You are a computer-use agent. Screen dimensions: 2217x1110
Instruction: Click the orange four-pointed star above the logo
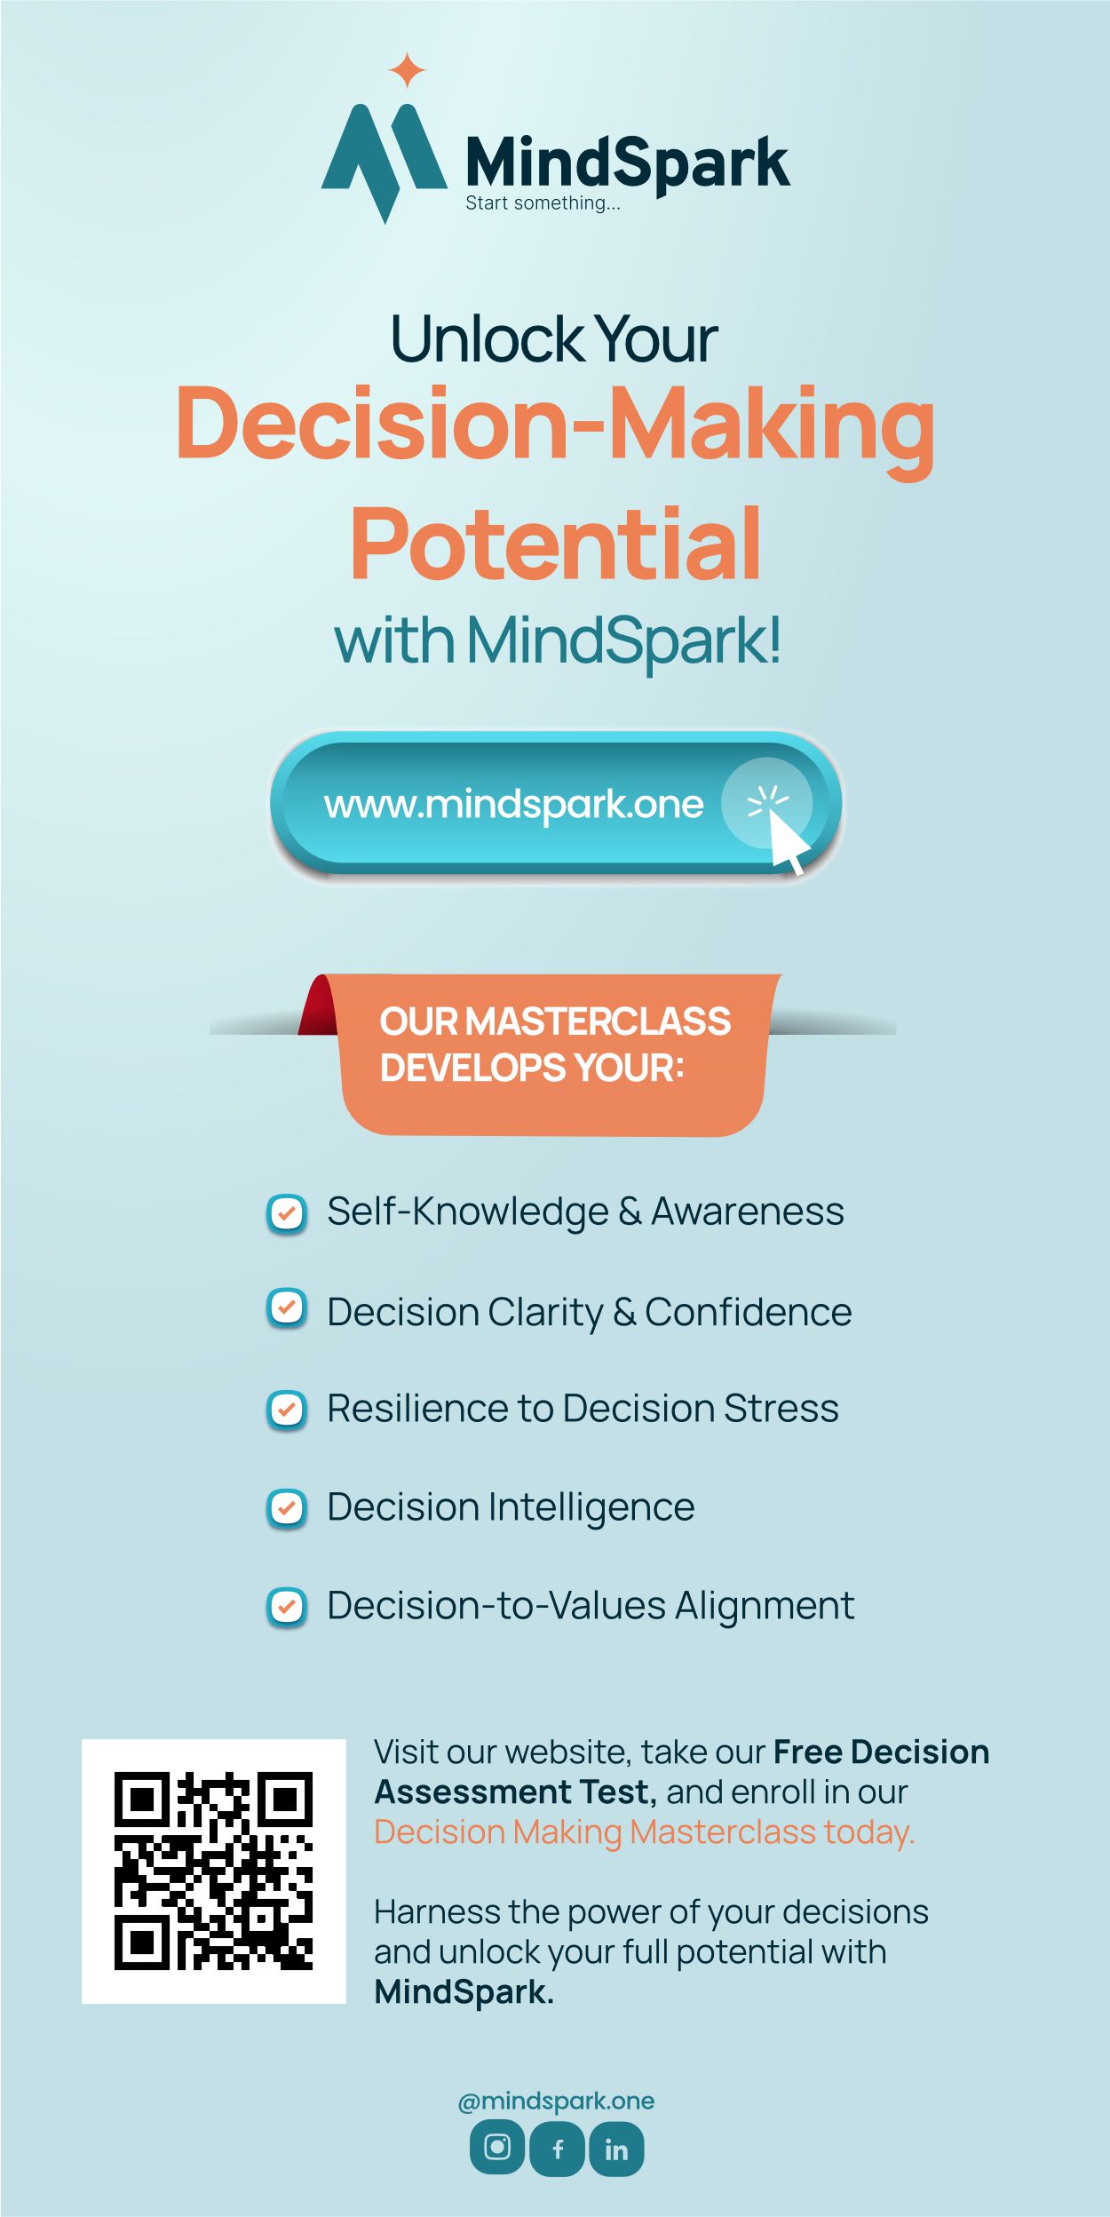coord(408,70)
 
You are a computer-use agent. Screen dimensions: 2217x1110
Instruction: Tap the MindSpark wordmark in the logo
coord(627,163)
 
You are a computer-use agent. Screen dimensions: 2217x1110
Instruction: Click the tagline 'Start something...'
coord(543,203)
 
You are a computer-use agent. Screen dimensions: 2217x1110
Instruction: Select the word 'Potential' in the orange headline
coord(556,544)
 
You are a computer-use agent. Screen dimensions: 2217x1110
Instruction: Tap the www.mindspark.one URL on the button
coord(513,804)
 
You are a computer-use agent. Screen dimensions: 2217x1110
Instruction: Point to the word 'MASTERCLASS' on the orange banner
coord(598,1021)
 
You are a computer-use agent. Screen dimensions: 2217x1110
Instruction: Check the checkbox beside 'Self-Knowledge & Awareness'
coord(287,1213)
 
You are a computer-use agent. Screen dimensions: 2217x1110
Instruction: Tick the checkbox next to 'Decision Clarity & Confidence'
coord(287,1308)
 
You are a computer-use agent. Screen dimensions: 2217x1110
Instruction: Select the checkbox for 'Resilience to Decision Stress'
coord(287,1409)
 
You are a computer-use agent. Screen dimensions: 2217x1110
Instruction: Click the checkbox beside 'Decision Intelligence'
coord(287,1507)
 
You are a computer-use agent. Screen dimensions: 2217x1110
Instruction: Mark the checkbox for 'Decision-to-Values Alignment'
coord(287,1606)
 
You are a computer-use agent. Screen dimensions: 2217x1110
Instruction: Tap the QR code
coord(213,1871)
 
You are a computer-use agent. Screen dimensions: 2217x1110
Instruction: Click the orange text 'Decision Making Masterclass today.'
coord(644,1832)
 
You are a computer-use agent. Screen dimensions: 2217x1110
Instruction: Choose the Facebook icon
coord(557,2149)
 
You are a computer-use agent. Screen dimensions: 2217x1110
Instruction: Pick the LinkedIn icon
coord(616,2149)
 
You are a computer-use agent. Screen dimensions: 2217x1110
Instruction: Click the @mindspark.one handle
coord(556,2101)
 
